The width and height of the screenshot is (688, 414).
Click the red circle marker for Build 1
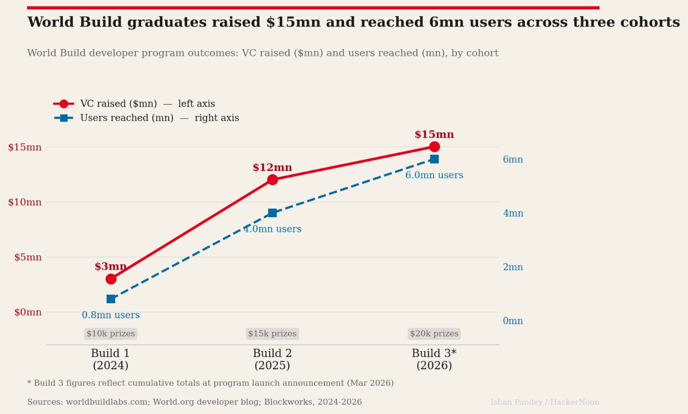coord(111,279)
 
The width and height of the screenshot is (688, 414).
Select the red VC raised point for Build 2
coord(272,180)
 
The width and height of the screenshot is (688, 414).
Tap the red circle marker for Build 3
coord(434,147)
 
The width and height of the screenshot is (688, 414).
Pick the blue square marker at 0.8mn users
coord(111,299)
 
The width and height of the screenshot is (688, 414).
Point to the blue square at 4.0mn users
coord(272,213)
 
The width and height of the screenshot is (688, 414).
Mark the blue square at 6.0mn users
coord(434,159)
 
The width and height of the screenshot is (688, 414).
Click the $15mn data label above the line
coord(434,135)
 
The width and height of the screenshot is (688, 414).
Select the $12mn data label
coord(272,167)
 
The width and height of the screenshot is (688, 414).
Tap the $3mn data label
coord(111,267)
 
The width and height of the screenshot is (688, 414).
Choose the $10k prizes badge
coord(111,334)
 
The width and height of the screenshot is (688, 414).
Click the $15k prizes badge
coord(272,334)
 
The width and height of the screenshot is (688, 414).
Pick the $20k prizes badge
coord(434,334)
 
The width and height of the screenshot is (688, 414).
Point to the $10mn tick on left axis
coord(25,202)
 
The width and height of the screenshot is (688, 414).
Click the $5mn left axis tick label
coord(28,257)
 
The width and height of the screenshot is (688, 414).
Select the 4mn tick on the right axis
coord(513,213)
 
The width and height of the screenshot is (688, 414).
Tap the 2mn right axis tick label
coord(513,267)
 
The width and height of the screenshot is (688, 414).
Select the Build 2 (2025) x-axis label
coord(272,359)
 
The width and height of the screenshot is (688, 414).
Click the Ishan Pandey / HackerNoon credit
coord(545,402)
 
